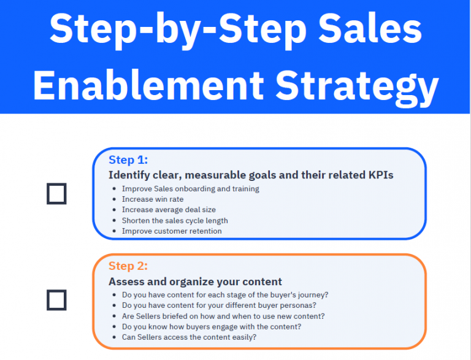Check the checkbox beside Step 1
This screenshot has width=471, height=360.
[56, 194]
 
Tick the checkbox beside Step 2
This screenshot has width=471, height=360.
[56, 300]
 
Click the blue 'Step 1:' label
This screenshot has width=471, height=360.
[128, 160]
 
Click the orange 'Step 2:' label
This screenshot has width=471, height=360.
[128, 266]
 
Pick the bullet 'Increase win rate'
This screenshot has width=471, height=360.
[153, 199]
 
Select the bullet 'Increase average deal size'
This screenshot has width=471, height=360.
[169, 210]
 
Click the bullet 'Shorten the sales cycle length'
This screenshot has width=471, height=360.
[175, 220]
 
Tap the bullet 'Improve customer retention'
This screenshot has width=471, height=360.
[172, 231]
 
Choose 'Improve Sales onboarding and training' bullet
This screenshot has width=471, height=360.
[190, 189]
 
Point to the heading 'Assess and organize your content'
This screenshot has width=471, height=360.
[195, 281]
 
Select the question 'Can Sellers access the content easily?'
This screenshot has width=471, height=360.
[189, 337]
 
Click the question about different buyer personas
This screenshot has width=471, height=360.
[218, 305]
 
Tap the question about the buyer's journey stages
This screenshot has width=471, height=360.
[225, 295]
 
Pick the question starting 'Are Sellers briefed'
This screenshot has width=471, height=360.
[223, 316]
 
